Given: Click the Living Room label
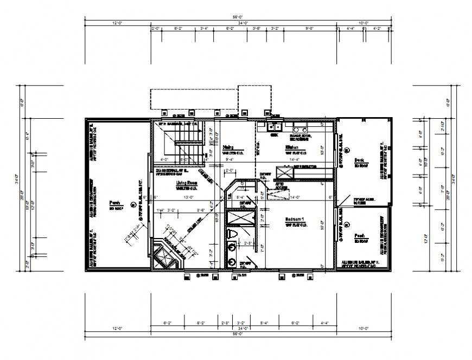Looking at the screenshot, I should (186, 184).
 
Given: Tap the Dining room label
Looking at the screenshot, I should (228, 146).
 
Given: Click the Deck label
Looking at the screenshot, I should (359, 160).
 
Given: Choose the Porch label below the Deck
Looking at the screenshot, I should (359, 236).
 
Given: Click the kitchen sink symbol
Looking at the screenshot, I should (273, 128).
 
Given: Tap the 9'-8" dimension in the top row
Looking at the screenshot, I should (310, 28).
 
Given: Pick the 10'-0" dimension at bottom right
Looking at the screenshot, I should (363, 329).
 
